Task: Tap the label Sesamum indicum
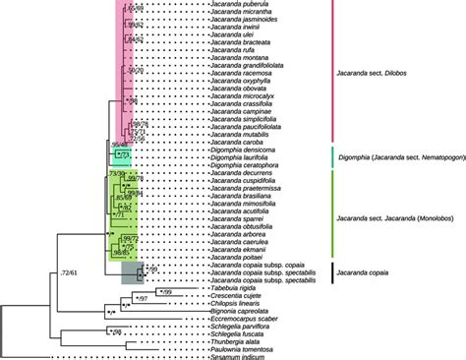click(x=237, y=355)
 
